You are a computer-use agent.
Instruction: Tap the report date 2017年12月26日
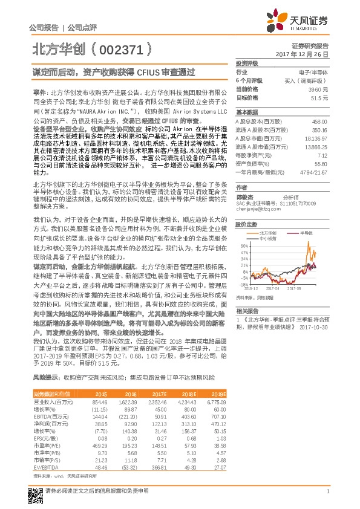[x=302, y=54]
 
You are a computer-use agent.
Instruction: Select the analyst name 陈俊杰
[x=244, y=196]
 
